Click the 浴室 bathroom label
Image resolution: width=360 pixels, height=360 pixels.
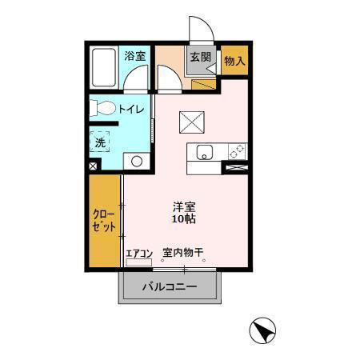(134, 56)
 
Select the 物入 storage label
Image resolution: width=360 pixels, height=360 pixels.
(234, 61)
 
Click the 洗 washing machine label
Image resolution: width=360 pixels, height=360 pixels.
(100, 142)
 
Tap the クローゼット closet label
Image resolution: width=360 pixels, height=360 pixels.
(104, 221)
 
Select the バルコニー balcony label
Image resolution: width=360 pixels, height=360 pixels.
(170, 286)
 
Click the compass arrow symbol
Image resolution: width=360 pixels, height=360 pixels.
(262, 330)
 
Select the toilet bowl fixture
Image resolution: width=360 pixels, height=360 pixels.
(102, 108)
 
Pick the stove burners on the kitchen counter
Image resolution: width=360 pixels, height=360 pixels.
(238, 151)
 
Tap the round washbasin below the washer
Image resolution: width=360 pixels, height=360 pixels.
(137, 162)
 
